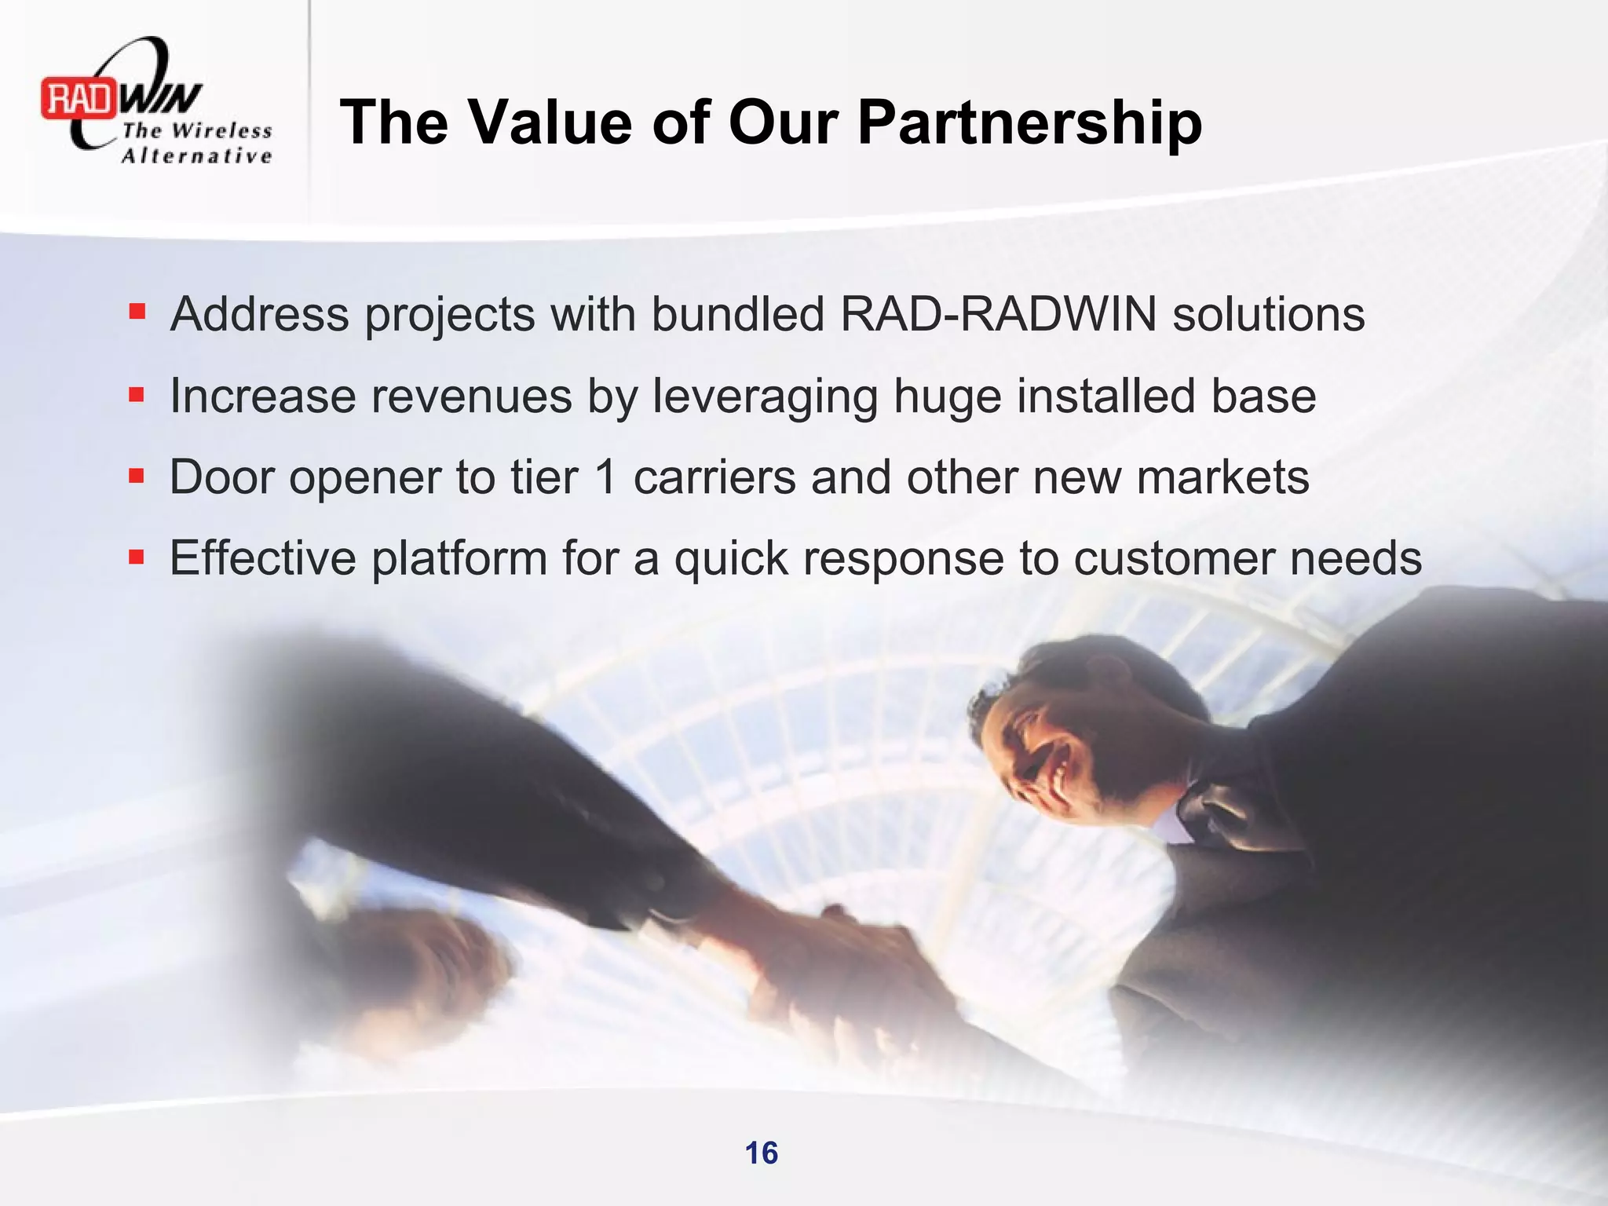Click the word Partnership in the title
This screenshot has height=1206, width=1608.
point(1029,122)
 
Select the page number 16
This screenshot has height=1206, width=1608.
point(761,1153)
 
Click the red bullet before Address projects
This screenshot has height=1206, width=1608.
point(137,312)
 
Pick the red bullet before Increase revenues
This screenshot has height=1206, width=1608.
point(137,394)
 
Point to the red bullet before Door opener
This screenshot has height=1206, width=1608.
point(137,476)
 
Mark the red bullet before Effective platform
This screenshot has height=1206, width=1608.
point(137,557)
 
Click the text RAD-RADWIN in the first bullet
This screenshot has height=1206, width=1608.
point(998,314)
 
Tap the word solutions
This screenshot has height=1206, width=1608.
point(1268,314)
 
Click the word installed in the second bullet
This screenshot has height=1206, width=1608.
point(1106,396)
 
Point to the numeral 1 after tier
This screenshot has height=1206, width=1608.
point(605,477)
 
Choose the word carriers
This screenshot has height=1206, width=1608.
point(714,477)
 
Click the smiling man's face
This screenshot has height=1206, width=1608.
point(1036,754)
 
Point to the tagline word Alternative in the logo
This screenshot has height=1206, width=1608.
point(196,155)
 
